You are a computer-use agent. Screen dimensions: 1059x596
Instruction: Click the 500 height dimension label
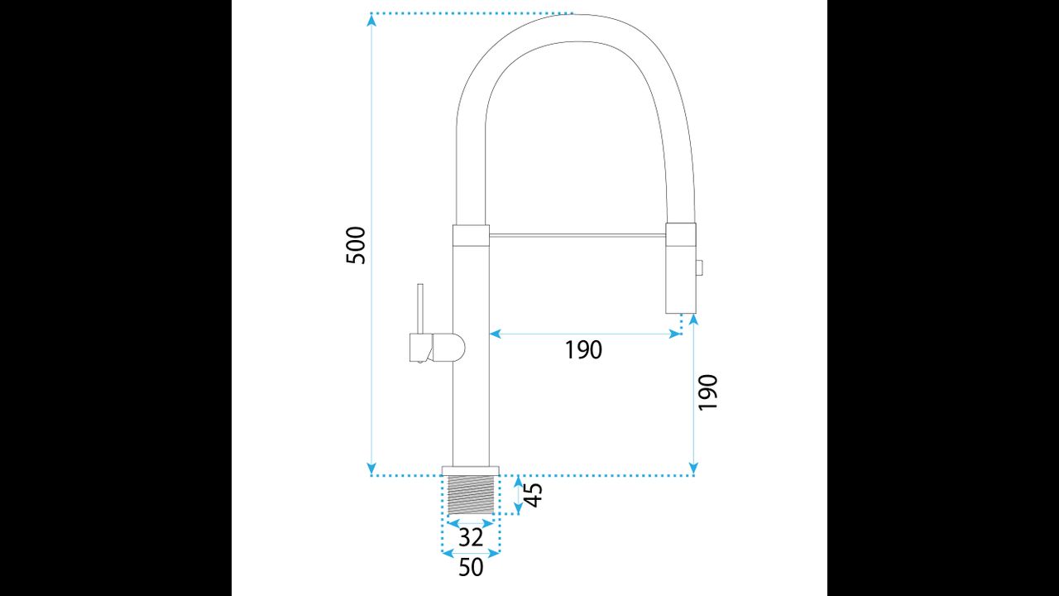point(356,246)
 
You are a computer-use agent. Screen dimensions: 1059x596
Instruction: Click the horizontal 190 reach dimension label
point(583,350)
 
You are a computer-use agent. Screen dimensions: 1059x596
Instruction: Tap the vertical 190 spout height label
point(707,392)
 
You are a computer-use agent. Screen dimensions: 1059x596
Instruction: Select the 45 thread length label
point(534,495)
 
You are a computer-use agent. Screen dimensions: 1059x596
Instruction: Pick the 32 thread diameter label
point(471,538)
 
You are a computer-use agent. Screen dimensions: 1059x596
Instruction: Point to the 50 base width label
point(471,567)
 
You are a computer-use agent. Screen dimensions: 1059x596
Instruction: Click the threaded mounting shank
point(471,494)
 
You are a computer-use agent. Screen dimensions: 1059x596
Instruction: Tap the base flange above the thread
point(471,471)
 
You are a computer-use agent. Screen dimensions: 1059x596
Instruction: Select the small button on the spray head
point(700,267)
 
